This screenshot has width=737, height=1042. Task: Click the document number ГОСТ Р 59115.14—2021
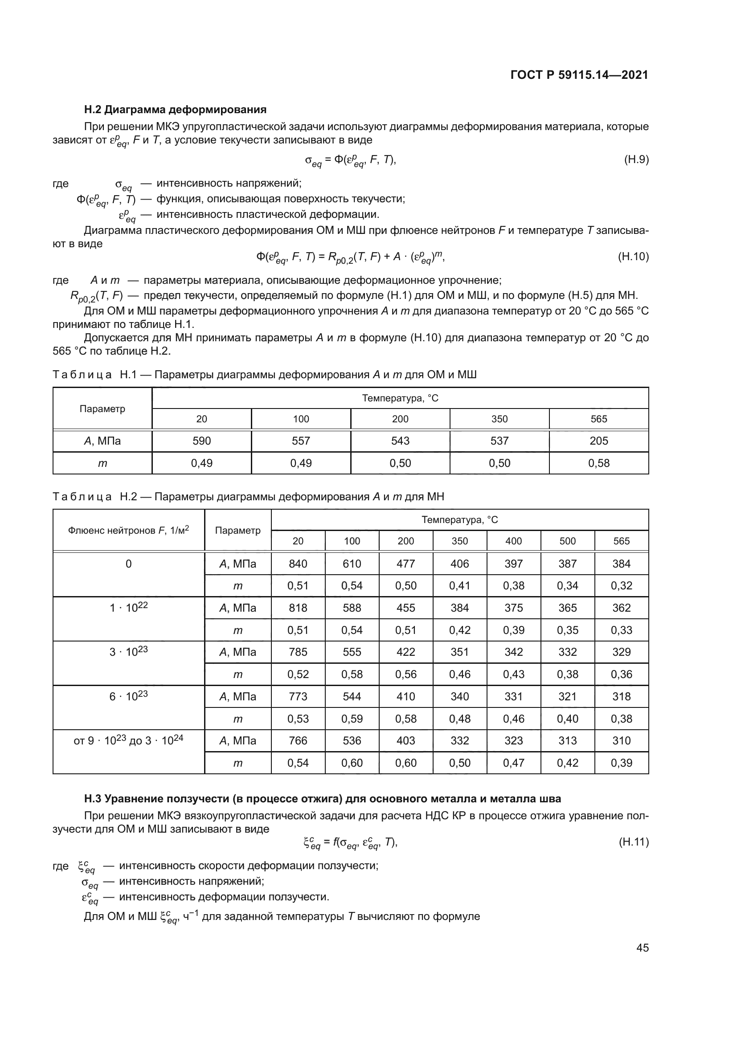[x=579, y=75]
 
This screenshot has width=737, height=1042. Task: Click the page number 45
[x=642, y=948]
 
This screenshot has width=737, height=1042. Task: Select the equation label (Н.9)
[x=636, y=159]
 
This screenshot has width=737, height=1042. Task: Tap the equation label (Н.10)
[x=633, y=257]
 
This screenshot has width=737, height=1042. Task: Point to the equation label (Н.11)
[x=634, y=842]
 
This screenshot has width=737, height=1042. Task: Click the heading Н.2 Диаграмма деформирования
[x=175, y=110]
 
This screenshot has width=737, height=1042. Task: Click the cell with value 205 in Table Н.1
[x=598, y=441]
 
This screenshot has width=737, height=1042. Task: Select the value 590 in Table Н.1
[x=201, y=441]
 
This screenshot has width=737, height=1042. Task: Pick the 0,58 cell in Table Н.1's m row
[x=598, y=463]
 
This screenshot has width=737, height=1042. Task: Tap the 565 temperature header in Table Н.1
[x=598, y=419]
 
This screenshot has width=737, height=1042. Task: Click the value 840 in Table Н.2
[x=298, y=564]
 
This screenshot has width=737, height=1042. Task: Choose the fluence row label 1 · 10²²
[x=128, y=607]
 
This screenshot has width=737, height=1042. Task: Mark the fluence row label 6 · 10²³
[x=128, y=696]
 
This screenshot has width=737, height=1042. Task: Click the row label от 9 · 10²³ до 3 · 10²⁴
[x=128, y=740]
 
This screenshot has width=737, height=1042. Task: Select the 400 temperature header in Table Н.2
[x=513, y=541]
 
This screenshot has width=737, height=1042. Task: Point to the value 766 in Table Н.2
[x=298, y=741]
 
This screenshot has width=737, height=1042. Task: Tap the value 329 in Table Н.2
[x=621, y=652]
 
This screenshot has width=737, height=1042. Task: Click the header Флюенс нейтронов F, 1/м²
[x=128, y=530]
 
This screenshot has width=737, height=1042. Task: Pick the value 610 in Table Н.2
[x=352, y=564]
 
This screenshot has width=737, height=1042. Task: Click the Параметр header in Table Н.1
[x=102, y=409]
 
